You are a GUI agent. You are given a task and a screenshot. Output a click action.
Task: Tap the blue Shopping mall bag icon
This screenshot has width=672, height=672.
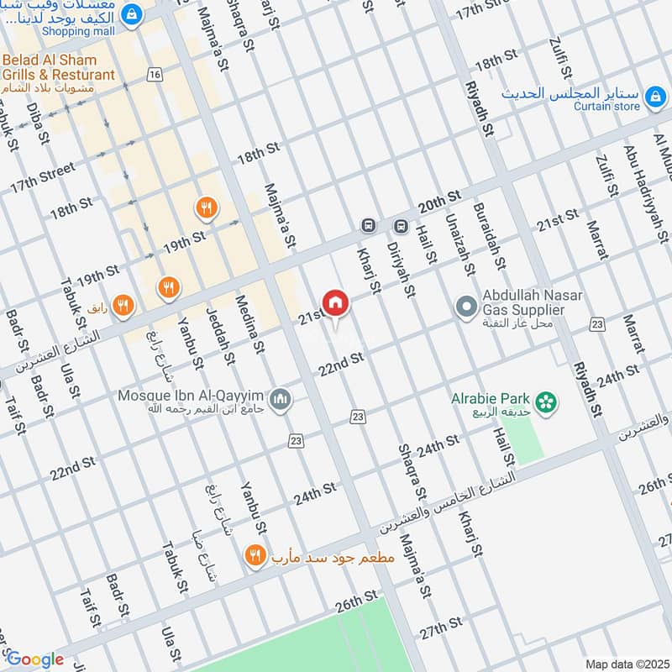click(x=131, y=14)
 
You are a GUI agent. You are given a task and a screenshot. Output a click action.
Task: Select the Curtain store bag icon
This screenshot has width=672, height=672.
click(x=654, y=100)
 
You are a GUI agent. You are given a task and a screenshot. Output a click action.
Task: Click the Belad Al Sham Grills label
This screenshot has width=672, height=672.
click(x=59, y=68)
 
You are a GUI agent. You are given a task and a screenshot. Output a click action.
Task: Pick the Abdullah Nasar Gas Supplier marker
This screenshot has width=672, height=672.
click(x=465, y=306)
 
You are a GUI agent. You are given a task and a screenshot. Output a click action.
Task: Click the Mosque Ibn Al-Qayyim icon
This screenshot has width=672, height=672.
click(x=281, y=396)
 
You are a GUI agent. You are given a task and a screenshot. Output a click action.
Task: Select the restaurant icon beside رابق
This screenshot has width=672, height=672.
click(x=123, y=305)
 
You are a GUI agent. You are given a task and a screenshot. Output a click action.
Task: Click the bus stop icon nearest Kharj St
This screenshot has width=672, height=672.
click(x=367, y=226)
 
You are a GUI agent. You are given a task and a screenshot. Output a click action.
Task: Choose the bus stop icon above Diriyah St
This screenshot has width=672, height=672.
click(x=401, y=226)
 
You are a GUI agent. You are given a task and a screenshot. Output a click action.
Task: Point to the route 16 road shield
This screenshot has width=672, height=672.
click(x=154, y=75)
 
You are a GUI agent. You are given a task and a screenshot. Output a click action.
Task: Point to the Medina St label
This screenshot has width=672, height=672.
click(x=250, y=323)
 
